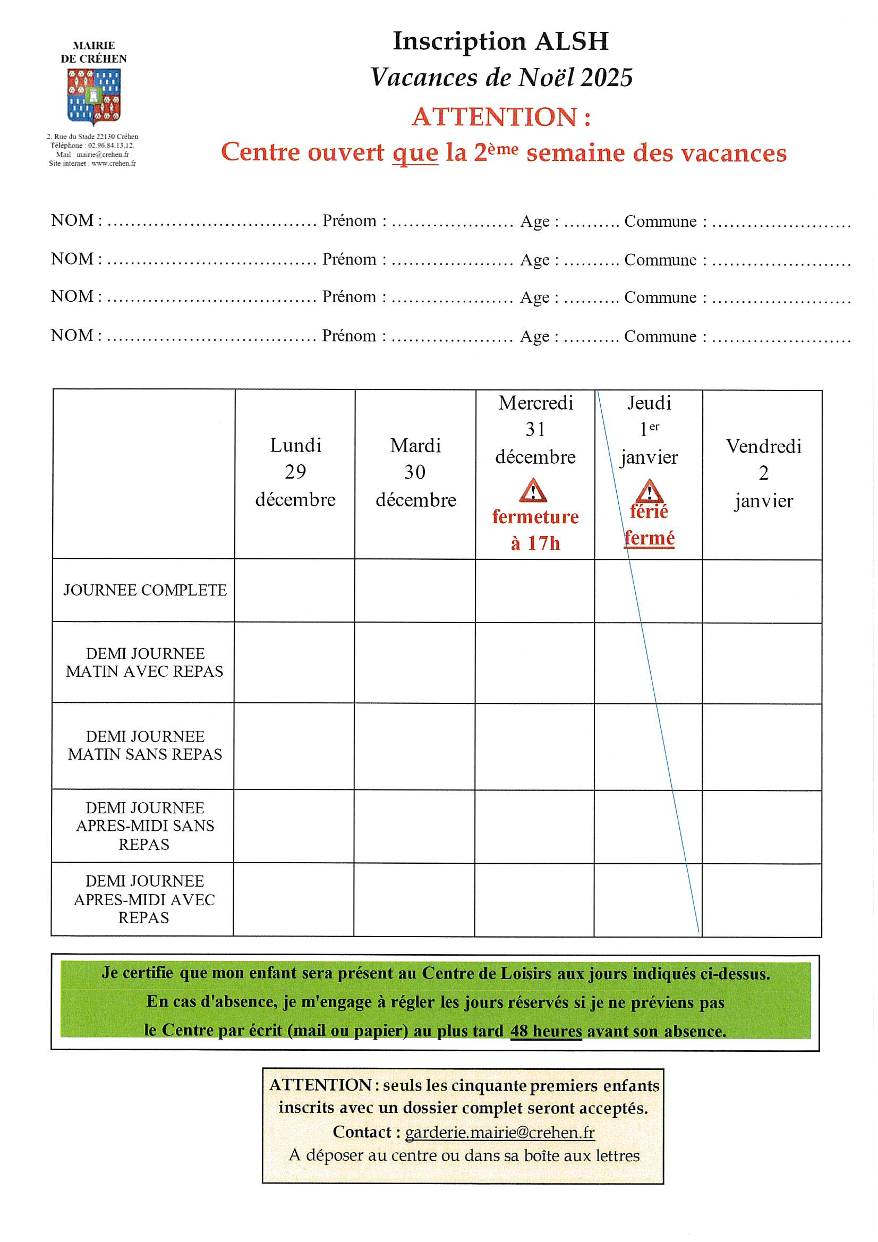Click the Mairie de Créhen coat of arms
93,96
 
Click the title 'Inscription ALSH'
500,41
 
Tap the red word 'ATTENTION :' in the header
501,117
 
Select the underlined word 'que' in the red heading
415,153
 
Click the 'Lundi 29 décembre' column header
295,472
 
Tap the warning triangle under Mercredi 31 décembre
533,491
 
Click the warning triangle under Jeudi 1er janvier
649,491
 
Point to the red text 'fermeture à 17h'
535,530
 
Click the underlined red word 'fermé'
649,538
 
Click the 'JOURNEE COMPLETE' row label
145,590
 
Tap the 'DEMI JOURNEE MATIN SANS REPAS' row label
145,745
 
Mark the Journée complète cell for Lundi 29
295,590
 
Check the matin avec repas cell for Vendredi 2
762,662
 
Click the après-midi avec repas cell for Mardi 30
414,899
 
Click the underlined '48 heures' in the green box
546,1031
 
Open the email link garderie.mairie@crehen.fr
500,1132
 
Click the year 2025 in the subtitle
607,78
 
